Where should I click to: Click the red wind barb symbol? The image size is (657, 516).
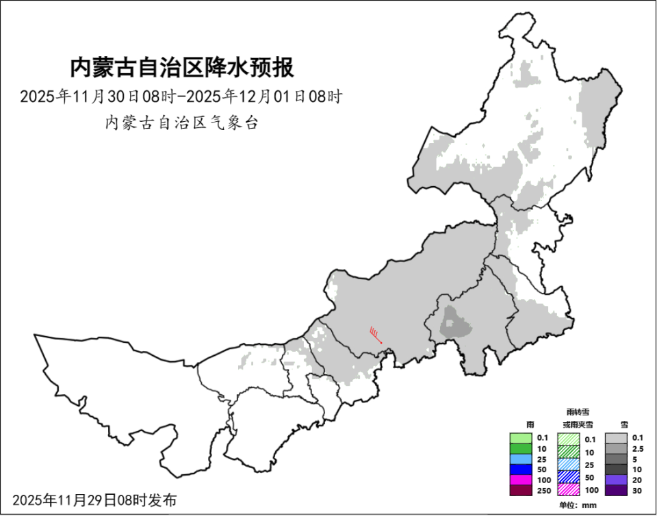[x=376, y=335]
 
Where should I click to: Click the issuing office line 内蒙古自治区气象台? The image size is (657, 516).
[x=181, y=123]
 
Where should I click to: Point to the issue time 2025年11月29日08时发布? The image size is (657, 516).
[x=94, y=500]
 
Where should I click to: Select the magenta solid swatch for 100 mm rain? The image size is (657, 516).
[x=520, y=480]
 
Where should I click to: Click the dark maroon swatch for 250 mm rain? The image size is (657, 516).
[x=520, y=490]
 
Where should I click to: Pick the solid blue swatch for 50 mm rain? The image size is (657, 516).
[x=520, y=469]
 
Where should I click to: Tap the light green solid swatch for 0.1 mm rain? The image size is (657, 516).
[x=520, y=438]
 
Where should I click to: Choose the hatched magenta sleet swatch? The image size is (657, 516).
[x=568, y=490]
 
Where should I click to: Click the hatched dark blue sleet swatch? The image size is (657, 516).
[x=568, y=477]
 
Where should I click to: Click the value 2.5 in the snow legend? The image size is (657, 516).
[x=638, y=448]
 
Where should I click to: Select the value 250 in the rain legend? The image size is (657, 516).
[x=543, y=490]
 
